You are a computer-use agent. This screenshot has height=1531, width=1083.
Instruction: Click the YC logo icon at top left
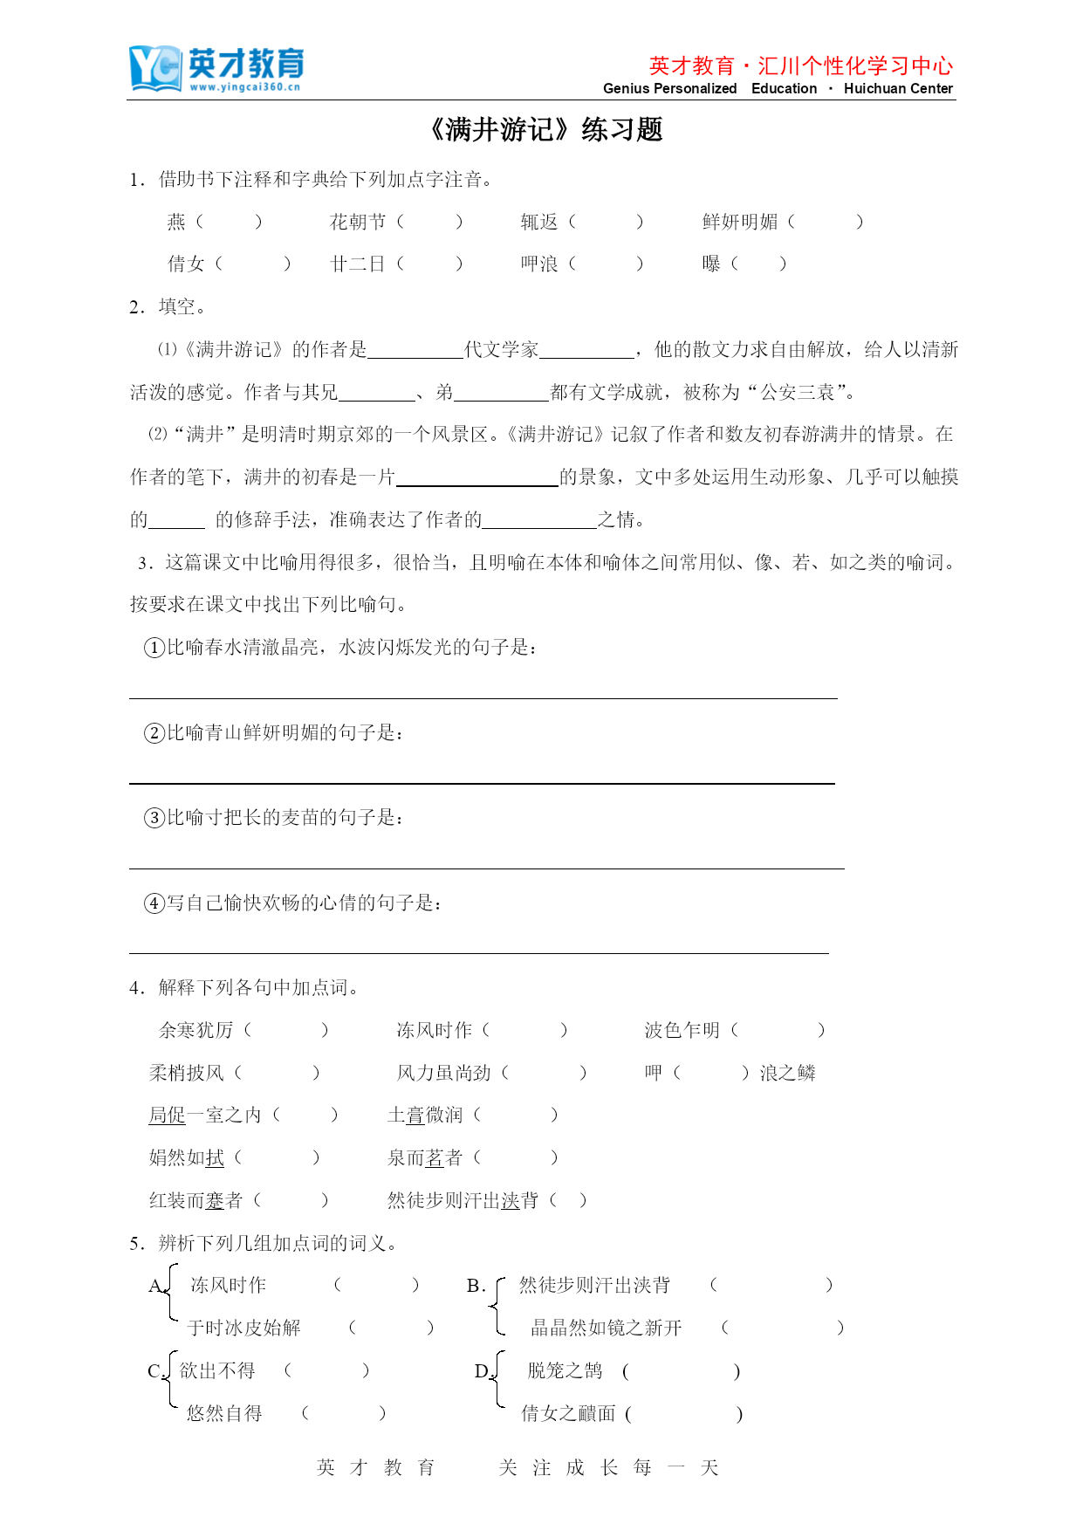[x=155, y=67]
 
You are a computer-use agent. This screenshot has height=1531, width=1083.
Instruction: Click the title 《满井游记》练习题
[x=545, y=130]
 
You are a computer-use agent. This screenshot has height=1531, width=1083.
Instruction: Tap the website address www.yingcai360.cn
[x=245, y=87]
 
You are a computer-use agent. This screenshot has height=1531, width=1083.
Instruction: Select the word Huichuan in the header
[x=874, y=88]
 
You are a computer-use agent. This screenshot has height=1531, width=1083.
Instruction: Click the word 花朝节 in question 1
[x=358, y=223]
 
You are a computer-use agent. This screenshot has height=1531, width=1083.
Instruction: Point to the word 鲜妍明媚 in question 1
[x=740, y=223]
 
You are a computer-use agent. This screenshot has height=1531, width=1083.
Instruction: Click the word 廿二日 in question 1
[x=358, y=264]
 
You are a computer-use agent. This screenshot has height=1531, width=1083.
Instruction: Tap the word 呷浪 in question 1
[x=539, y=264]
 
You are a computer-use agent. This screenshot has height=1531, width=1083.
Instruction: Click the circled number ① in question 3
[x=154, y=648]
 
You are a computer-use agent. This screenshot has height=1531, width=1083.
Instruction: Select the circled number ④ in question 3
[x=154, y=903]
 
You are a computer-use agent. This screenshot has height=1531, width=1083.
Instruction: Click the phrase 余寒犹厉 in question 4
[x=196, y=1031]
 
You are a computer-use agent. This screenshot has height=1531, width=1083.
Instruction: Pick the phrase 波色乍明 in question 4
[x=682, y=1031]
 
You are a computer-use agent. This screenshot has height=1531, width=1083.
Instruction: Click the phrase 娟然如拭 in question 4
[x=187, y=1158]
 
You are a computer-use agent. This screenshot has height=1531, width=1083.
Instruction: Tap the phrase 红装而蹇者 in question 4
[x=196, y=1201]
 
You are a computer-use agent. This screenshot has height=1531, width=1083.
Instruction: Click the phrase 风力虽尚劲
[x=444, y=1074]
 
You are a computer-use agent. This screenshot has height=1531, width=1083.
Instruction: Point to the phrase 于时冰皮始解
[x=244, y=1328]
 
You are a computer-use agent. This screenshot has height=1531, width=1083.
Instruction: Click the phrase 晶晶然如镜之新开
[x=607, y=1328]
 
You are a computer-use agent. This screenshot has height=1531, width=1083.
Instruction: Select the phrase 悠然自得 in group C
[x=224, y=1414]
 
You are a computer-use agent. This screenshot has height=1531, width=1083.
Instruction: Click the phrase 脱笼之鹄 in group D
[x=565, y=1371]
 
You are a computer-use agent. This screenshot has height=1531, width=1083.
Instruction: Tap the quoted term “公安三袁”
[x=798, y=393]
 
